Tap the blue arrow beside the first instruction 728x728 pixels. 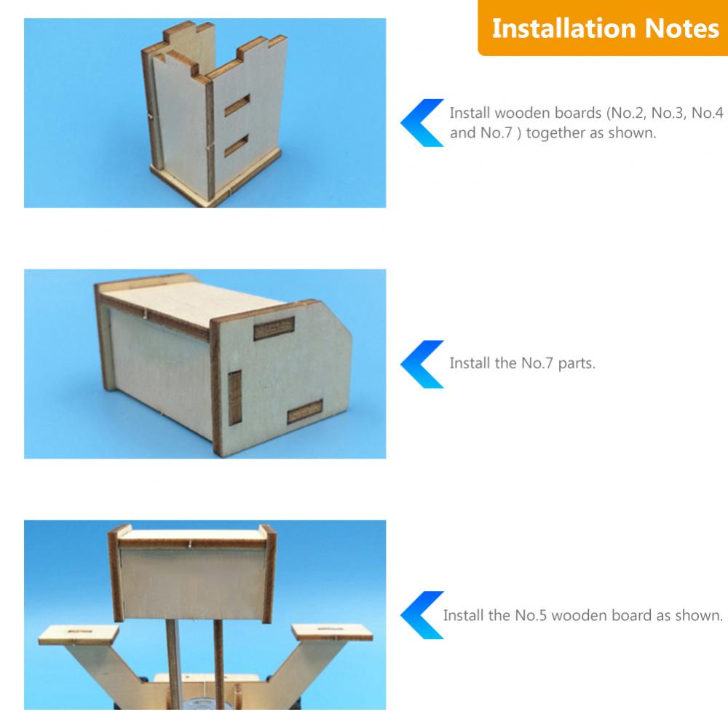pos(422,122)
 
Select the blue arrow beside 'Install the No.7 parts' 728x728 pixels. pos(422,364)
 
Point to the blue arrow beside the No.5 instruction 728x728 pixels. pos(422,614)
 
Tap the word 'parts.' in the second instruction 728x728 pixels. pos(576,363)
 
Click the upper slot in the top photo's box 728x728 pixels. pos(237,105)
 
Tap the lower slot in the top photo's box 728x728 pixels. pos(237,146)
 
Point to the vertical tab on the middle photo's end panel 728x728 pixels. pos(235,397)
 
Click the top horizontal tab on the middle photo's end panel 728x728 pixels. pos(274,328)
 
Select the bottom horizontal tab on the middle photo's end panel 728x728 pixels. pos(305,411)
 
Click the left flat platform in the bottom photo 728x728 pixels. pos(79,634)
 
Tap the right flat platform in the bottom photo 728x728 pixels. pos(332,633)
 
